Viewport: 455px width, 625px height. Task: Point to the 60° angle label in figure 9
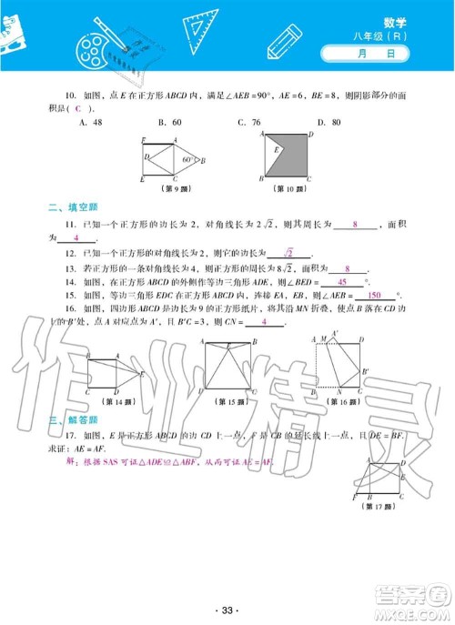[x=187, y=159]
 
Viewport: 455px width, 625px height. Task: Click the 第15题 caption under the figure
[x=221, y=401]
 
